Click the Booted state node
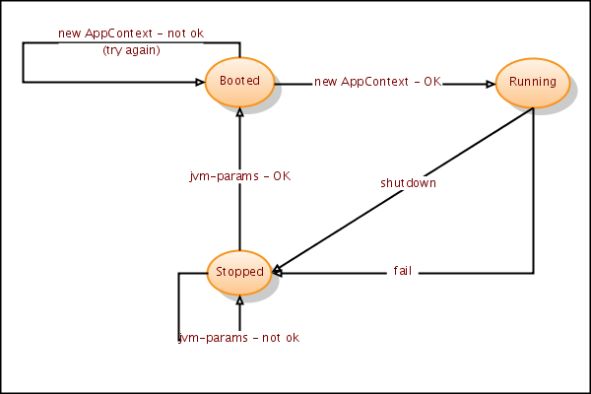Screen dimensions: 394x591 point(238,82)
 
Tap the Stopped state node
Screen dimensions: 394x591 point(239,272)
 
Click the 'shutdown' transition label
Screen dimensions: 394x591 point(408,183)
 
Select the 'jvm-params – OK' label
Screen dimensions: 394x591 point(240,176)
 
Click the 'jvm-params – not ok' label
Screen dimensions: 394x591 point(238,338)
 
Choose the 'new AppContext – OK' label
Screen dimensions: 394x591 point(377,82)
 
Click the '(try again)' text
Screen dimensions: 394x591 point(131,50)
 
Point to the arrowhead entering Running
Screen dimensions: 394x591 point(491,84)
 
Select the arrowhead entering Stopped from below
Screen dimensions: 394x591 point(239,299)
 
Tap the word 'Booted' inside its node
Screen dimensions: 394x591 point(238,82)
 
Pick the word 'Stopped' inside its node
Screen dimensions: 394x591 point(239,272)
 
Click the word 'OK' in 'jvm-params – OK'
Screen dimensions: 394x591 point(282,176)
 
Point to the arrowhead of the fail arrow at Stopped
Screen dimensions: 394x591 point(280,272)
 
